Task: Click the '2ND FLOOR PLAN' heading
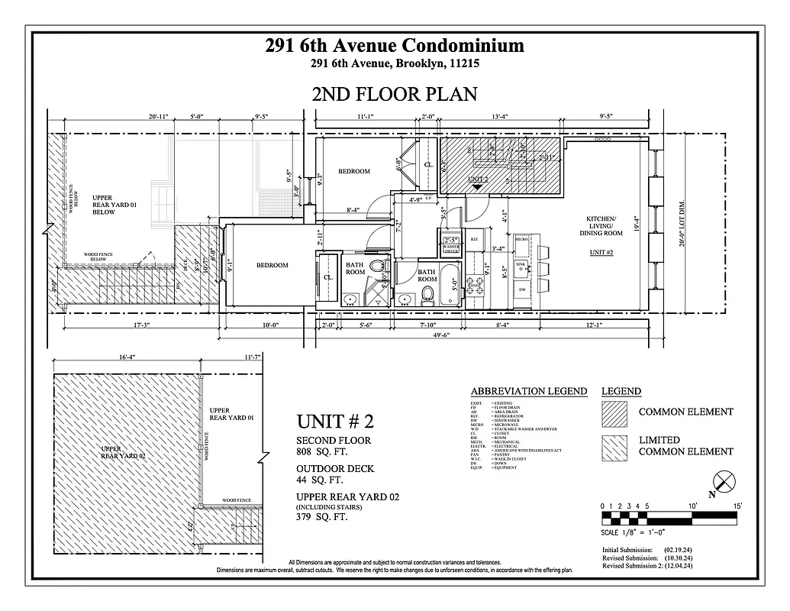[x=395, y=94]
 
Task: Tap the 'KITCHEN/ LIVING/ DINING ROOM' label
[x=605, y=226]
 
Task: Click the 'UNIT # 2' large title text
[x=335, y=421]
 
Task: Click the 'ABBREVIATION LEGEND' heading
[x=528, y=391]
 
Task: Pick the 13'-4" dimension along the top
[x=500, y=117]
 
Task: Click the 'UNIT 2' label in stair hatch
[x=478, y=177]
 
